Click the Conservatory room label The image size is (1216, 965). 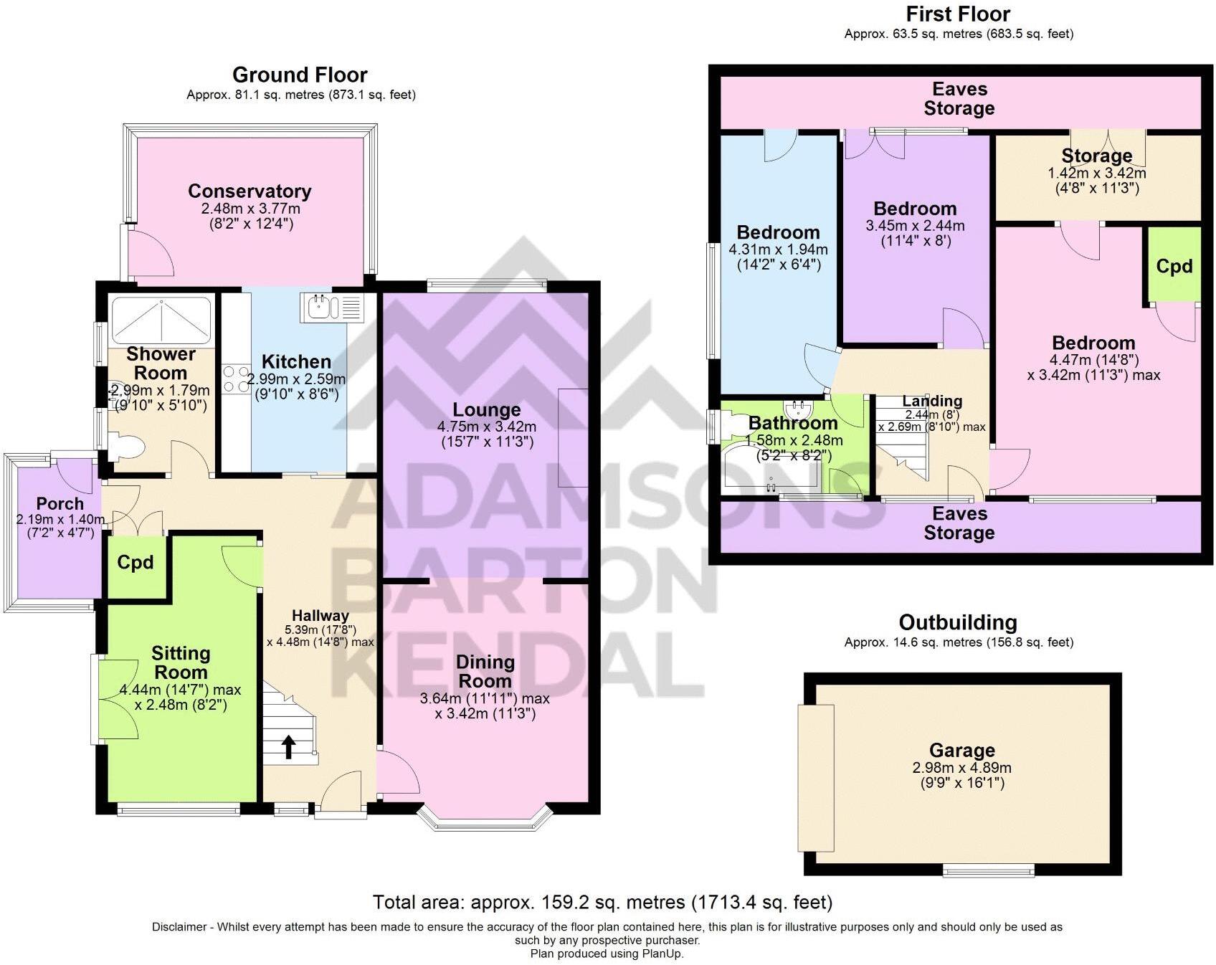pyautogui.click(x=250, y=191)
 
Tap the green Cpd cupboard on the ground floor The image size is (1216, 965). pyautogui.click(x=136, y=564)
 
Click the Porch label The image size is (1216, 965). pyautogui.click(x=60, y=503)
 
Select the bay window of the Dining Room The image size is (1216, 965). pyautogui.click(x=486, y=817)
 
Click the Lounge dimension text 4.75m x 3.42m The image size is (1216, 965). pyautogui.click(x=487, y=426)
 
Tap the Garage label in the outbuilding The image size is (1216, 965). pyautogui.click(x=962, y=750)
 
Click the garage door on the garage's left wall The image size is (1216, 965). pyautogui.click(x=816, y=776)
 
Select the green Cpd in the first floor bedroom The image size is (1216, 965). pyautogui.click(x=1174, y=265)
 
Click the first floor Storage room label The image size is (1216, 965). pyautogui.click(x=1097, y=156)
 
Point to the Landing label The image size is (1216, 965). pyautogui.click(x=932, y=401)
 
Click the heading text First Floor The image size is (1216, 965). pyautogui.click(x=958, y=14)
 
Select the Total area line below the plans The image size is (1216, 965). pyautogui.click(x=602, y=902)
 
